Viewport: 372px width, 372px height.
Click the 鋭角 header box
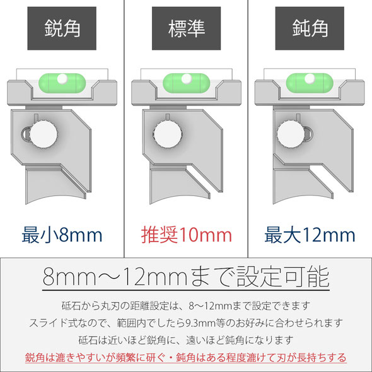[x=62, y=28]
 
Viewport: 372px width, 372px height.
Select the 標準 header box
[x=186, y=28]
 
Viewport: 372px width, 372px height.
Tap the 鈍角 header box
[x=310, y=28]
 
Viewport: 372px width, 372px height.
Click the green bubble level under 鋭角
[x=62, y=83]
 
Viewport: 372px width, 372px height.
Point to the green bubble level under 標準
[x=187, y=83]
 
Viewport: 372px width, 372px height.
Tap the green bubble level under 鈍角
[x=310, y=83]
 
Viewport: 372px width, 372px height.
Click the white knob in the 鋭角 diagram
[x=44, y=134]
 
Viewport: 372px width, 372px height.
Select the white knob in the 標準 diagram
[x=168, y=134]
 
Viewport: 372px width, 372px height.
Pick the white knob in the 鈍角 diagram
[x=291, y=134]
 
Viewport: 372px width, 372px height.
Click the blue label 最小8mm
[x=62, y=235]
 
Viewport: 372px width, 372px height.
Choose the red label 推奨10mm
[x=187, y=235]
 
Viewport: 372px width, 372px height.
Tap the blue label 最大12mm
[x=310, y=235]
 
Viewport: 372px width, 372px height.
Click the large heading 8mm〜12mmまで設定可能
[x=186, y=277]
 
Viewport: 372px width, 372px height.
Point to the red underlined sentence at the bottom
[x=186, y=357]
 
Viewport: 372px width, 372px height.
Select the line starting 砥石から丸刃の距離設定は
[x=186, y=306]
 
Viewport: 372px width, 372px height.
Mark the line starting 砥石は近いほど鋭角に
[x=186, y=340]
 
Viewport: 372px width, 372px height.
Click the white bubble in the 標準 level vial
[x=187, y=79]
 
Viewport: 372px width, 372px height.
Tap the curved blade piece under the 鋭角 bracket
[x=55, y=185]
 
